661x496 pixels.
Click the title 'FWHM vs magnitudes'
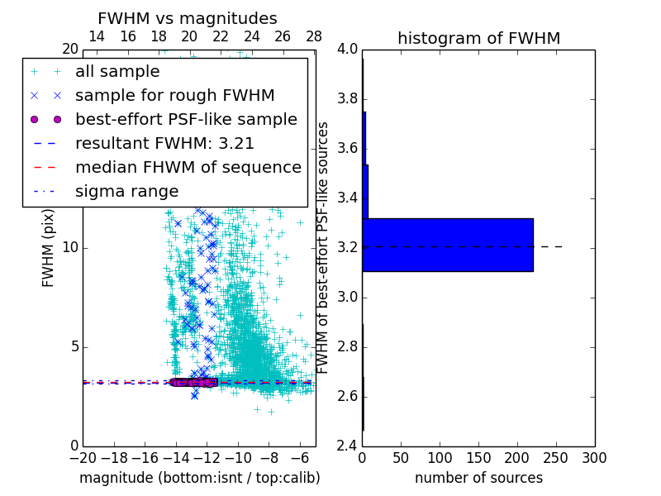pos(188,19)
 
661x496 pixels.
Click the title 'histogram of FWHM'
pos(478,38)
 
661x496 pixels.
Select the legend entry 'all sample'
pos(117,72)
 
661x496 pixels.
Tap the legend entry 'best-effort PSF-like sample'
pos(186,120)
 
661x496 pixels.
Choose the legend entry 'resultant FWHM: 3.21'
pos(164,144)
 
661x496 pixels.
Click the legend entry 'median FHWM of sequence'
pos(188,168)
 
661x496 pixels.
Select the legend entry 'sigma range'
pos(126,192)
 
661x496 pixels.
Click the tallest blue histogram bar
pos(447,245)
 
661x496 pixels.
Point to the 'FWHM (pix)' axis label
pos(49,248)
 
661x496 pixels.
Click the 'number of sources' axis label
pos(478,478)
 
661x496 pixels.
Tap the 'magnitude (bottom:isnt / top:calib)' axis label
pos(199,478)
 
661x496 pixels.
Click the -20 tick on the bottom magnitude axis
pos(83,457)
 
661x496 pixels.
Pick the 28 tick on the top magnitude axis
pos(314,37)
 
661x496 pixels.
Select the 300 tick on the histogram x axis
pos(595,457)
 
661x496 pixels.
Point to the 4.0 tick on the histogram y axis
pos(346,50)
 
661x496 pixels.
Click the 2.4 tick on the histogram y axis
pos(346,446)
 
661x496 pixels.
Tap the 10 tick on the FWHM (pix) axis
pos(69,248)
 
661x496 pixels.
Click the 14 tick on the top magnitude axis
pos(96,37)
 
